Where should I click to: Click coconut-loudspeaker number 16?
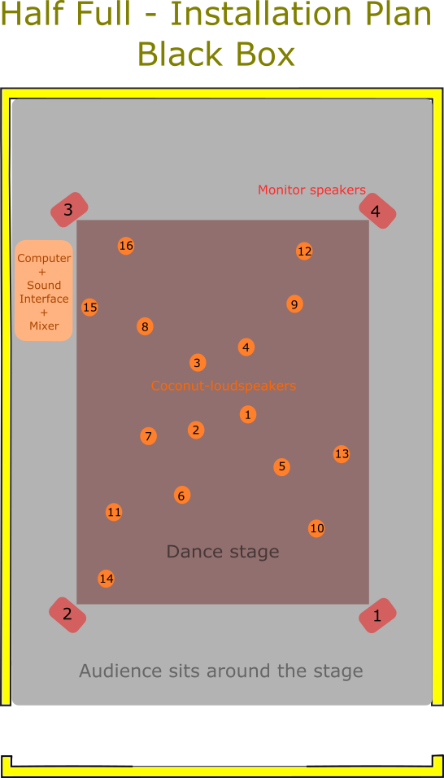coord(126,246)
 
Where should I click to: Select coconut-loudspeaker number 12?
coord(304,251)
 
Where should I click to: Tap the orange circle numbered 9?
coord(294,304)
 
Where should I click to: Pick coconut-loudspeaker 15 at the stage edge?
coord(89,308)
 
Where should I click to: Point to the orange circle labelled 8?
coord(145,326)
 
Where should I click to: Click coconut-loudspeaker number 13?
coord(342,454)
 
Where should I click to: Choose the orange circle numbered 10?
coord(316,528)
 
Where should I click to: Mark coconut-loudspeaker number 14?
coord(106,579)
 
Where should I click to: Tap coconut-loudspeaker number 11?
coord(114,512)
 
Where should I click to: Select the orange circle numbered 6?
coord(182,495)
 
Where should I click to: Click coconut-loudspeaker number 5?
coord(281,466)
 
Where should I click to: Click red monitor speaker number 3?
coord(69,210)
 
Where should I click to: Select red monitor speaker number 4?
coord(377,211)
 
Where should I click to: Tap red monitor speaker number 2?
coord(67,614)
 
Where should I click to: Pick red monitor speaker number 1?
coord(377,616)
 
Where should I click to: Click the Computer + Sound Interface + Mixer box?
coord(44,291)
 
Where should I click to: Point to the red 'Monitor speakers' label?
coord(311,190)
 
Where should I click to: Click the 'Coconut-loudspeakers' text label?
coord(224,386)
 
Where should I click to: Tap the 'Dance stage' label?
coord(223,551)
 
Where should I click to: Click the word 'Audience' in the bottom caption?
coord(120,671)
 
